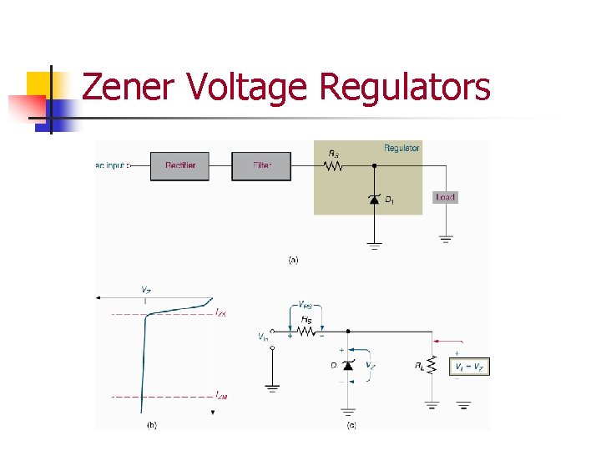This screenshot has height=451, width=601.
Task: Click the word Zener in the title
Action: pyautogui.click(x=129, y=88)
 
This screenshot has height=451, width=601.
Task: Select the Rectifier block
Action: pyautogui.click(x=179, y=165)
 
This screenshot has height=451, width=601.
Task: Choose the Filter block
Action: pyautogui.click(x=262, y=165)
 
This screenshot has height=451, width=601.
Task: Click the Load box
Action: pyautogui.click(x=445, y=197)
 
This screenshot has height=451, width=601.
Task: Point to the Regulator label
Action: pyautogui.click(x=402, y=148)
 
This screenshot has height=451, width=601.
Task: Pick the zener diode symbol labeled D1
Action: pyautogui.click(x=374, y=199)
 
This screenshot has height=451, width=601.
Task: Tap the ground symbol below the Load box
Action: pyautogui.click(x=446, y=239)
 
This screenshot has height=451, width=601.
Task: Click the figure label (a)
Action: pyautogui.click(x=293, y=260)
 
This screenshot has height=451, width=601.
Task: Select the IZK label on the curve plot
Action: pyautogui.click(x=220, y=312)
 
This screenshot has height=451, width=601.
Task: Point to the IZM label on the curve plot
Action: pyautogui.click(x=220, y=394)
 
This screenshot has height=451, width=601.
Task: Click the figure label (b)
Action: pyautogui.click(x=151, y=425)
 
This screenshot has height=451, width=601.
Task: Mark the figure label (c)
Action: pyautogui.click(x=351, y=425)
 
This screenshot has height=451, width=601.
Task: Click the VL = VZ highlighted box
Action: pyautogui.click(x=469, y=367)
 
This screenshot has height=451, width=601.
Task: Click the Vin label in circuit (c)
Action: pyautogui.click(x=263, y=337)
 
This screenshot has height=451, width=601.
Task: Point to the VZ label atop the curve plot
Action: pyautogui.click(x=145, y=290)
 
